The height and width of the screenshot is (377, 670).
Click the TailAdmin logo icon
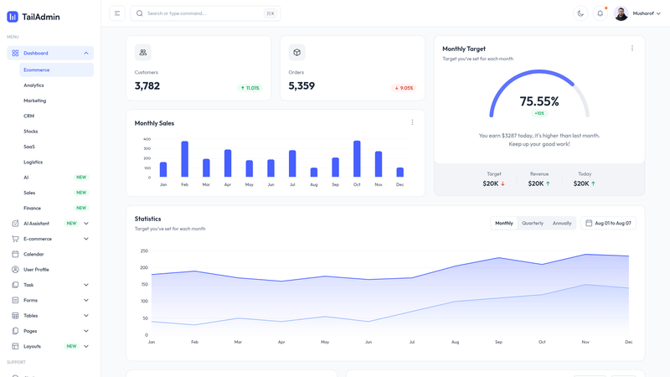13,17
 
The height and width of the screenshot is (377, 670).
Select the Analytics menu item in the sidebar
33,85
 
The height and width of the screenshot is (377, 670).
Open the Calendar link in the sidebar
33,255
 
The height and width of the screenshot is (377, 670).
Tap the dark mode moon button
580,13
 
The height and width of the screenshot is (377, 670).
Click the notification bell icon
600,13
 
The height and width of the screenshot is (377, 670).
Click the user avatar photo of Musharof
621,13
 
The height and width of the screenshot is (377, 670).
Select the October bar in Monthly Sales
357,158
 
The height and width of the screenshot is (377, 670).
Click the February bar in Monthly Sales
184,159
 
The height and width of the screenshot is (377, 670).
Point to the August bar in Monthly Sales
313,173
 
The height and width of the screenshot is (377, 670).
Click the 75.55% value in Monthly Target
539,101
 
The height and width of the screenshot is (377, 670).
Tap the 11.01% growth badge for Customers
250,88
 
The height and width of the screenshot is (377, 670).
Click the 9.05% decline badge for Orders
404,88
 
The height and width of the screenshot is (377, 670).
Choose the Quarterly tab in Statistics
533,223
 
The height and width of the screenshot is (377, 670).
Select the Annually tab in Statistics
562,223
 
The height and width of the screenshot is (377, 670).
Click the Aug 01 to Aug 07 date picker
608,223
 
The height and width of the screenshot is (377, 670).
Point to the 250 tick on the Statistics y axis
144,250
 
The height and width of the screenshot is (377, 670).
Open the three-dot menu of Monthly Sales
412,122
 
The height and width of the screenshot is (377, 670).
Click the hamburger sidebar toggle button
117,13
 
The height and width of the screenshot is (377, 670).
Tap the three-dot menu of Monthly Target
632,49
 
